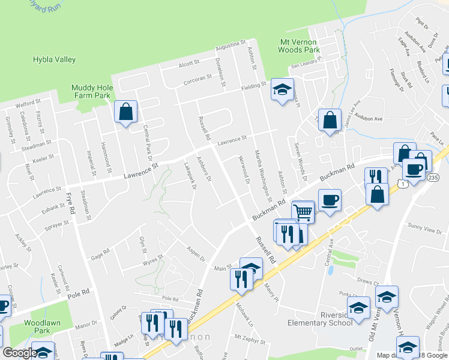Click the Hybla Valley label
54,59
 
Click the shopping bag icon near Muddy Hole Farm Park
125,112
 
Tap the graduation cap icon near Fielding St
282,89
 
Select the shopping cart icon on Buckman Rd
303,211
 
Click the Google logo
19,353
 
